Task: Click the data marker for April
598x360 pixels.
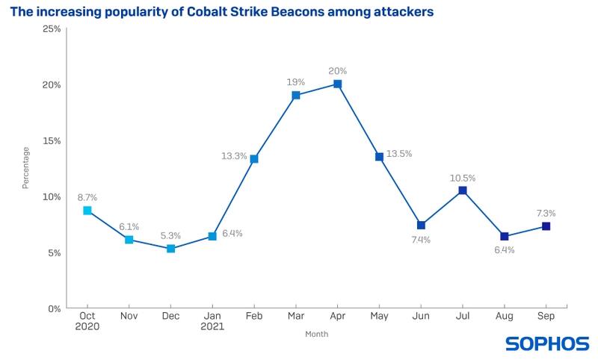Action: click(x=337, y=84)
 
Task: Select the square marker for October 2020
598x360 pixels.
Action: click(x=87, y=211)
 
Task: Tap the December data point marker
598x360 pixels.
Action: click(x=170, y=249)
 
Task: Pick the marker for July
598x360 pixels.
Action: click(x=463, y=190)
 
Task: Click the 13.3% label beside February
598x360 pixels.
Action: click(x=234, y=156)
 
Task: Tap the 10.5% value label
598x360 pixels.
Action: click(x=463, y=178)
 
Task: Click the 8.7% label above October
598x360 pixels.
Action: click(x=87, y=197)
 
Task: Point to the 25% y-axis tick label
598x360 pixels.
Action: click(x=51, y=28)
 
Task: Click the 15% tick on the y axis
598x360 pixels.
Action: click(x=51, y=140)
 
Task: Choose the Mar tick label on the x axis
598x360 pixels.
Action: click(x=295, y=316)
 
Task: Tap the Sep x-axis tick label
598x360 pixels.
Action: click(x=546, y=316)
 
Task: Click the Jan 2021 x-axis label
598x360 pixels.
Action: click(x=212, y=320)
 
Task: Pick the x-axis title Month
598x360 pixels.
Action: click(x=316, y=334)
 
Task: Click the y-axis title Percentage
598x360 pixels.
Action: click(x=26, y=168)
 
